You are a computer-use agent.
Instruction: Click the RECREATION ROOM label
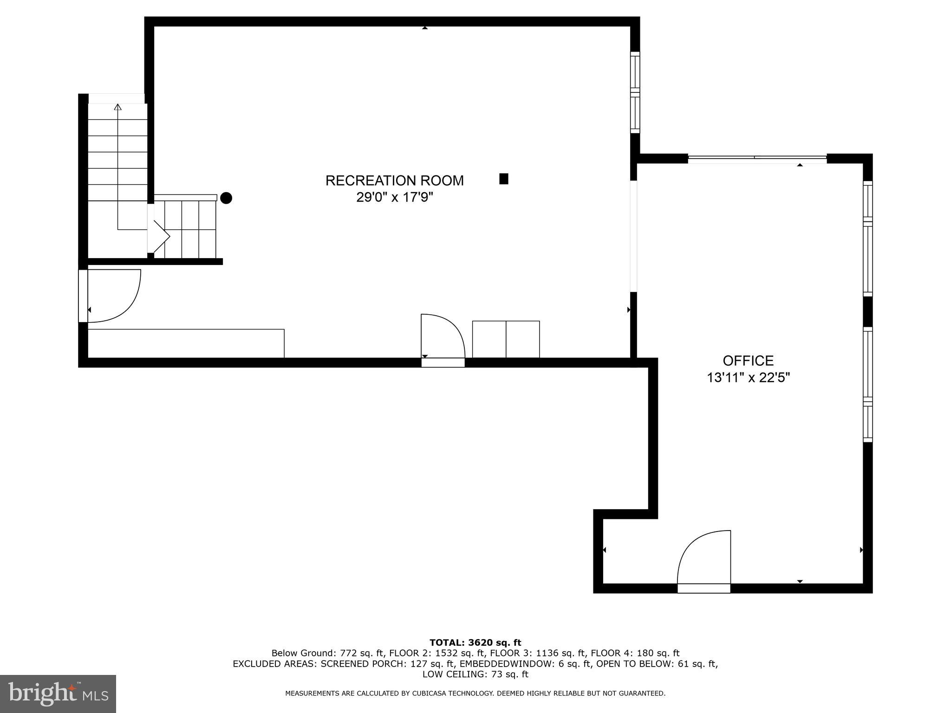(394, 181)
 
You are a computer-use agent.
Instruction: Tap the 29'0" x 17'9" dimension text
(394, 198)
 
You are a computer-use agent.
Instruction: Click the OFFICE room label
(748, 361)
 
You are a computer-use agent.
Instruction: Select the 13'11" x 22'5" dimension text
(748, 378)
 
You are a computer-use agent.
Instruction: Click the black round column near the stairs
(226, 198)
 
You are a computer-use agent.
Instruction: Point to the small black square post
(504, 179)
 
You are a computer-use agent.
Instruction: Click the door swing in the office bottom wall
(703, 559)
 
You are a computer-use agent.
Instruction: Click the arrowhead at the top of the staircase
(118, 107)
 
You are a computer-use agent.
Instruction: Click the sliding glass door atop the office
(757, 158)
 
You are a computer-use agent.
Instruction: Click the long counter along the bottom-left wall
(186, 344)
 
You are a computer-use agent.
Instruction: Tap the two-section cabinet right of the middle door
(506, 339)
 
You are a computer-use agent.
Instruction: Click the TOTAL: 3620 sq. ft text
(475, 643)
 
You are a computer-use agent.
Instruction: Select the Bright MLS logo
(58, 694)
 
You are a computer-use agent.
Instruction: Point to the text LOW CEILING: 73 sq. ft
(475, 674)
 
